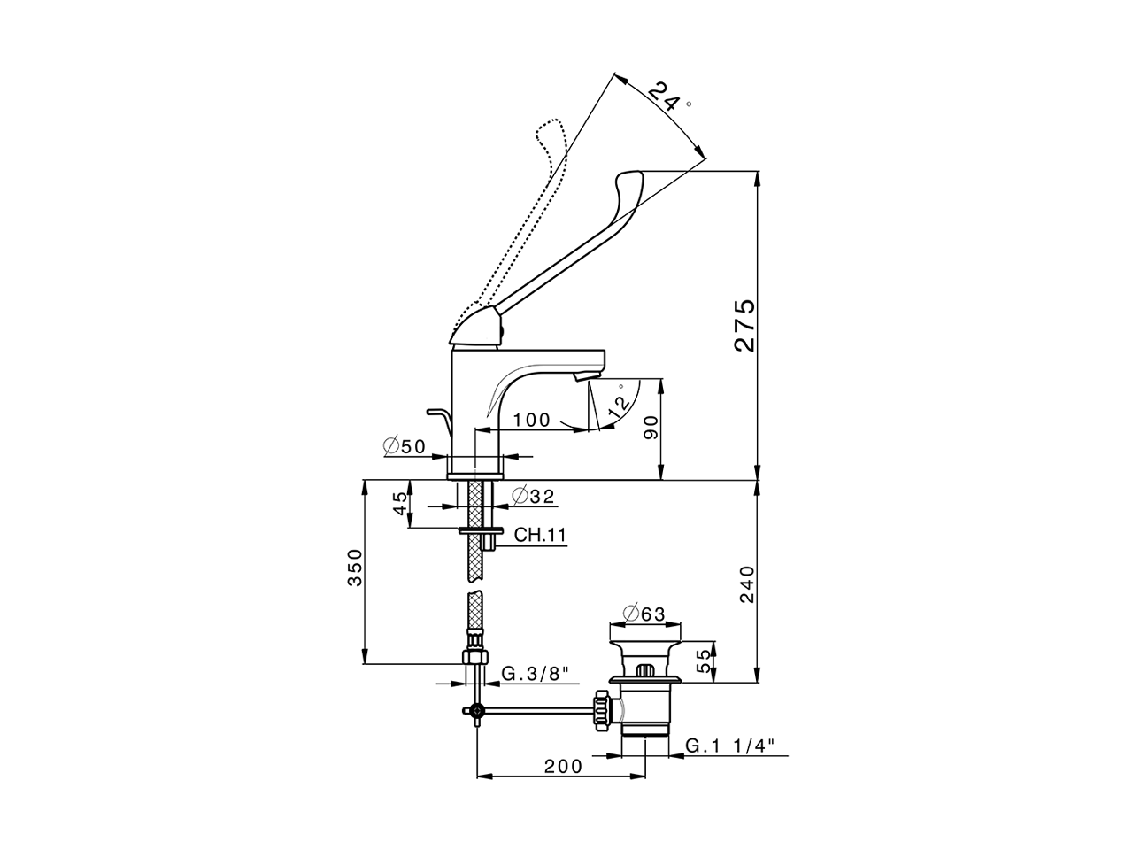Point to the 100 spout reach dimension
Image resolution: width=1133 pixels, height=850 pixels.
pyautogui.click(x=532, y=420)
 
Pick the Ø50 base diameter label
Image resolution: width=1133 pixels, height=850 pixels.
pyautogui.click(x=405, y=447)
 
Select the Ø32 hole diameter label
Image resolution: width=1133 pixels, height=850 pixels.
pyautogui.click(x=533, y=497)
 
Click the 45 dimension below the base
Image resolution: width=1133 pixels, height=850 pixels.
pyautogui.click(x=401, y=504)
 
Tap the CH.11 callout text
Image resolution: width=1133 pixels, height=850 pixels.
pyautogui.click(x=540, y=535)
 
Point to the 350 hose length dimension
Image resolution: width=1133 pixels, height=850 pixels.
pyautogui.click(x=353, y=568)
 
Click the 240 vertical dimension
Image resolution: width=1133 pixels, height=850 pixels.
pyautogui.click(x=745, y=584)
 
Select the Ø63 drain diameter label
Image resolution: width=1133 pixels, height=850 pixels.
pyautogui.click(x=644, y=614)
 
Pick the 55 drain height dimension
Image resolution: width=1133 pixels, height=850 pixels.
pyautogui.click(x=705, y=661)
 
